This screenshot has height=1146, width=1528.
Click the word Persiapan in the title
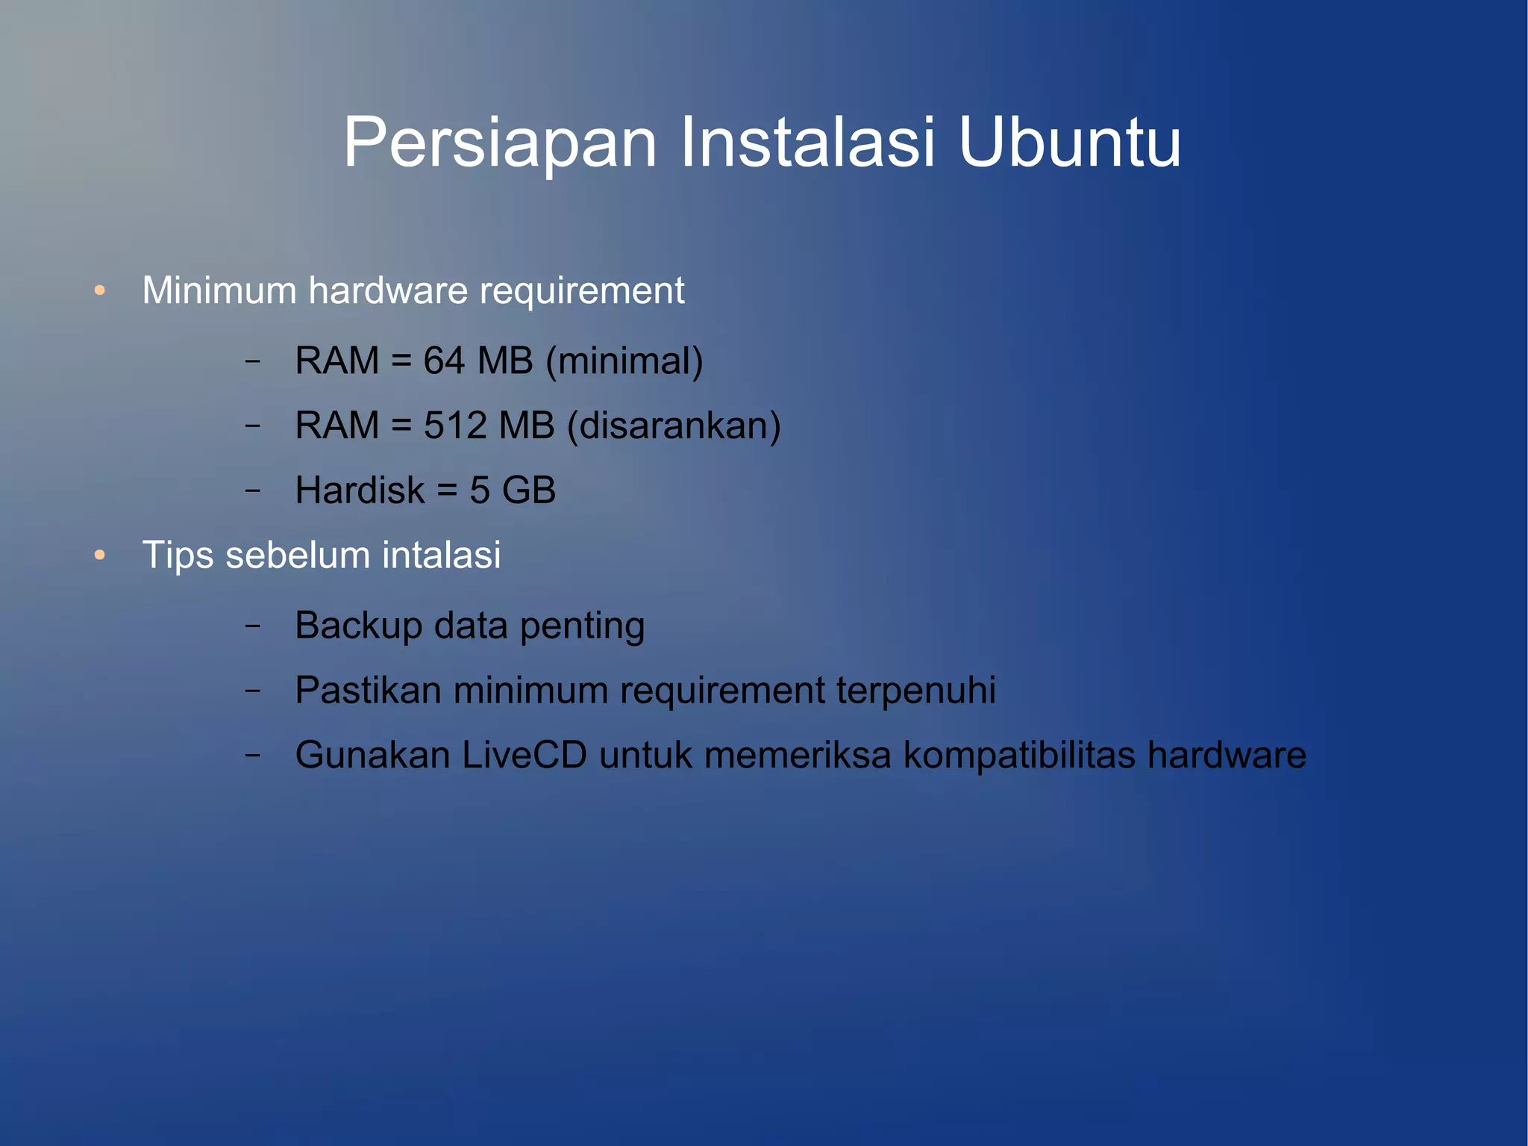point(500,143)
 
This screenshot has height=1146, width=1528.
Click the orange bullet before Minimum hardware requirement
point(100,290)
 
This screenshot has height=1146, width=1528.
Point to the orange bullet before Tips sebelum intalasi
point(100,555)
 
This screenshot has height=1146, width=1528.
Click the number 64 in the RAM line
point(444,361)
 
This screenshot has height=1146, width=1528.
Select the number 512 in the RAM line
point(455,426)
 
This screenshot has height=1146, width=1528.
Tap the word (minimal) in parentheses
point(624,361)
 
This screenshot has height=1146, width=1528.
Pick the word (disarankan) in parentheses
point(674,426)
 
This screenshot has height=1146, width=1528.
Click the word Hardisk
point(360,491)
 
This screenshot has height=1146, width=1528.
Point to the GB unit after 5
point(529,491)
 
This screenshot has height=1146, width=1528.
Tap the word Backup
point(359,626)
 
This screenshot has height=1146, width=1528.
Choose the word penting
point(582,627)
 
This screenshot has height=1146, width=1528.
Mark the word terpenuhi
point(916,691)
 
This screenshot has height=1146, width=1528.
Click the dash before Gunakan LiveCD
point(253,755)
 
